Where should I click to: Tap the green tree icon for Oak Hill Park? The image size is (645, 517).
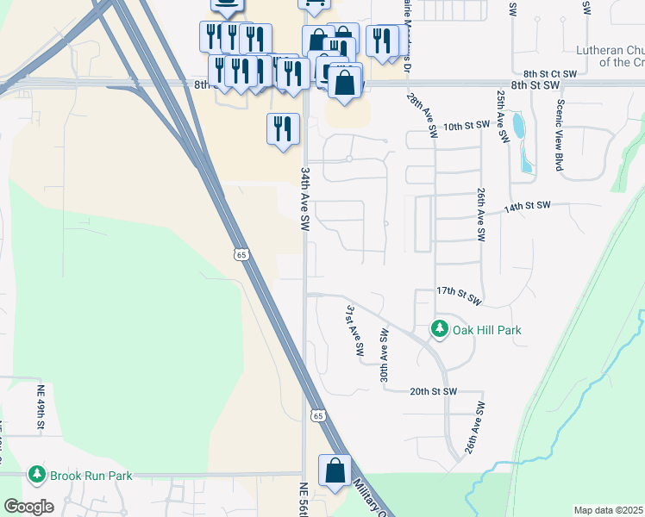click(440, 329)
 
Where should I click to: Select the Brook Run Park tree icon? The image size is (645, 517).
click(36, 475)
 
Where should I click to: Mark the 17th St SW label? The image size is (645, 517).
click(459, 296)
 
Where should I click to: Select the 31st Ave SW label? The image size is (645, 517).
click(353, 330)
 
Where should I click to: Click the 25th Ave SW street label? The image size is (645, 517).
click(500, 109)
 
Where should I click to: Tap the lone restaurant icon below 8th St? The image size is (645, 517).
click(283, 130)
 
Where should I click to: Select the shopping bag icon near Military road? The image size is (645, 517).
click(335, 471)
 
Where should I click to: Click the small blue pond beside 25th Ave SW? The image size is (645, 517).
click(518, 128)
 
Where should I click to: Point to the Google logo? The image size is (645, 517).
click(28, 507)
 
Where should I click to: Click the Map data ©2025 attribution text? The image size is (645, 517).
click(608, 510)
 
